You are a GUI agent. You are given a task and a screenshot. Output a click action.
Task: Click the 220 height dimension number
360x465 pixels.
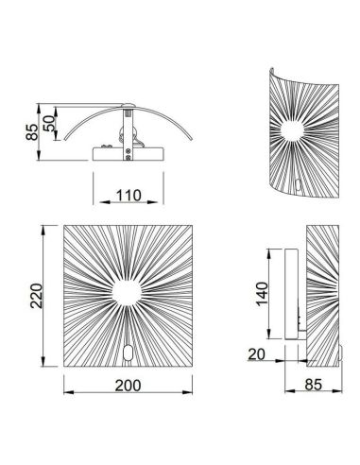33,301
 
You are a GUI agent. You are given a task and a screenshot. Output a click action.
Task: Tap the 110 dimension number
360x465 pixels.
130,197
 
